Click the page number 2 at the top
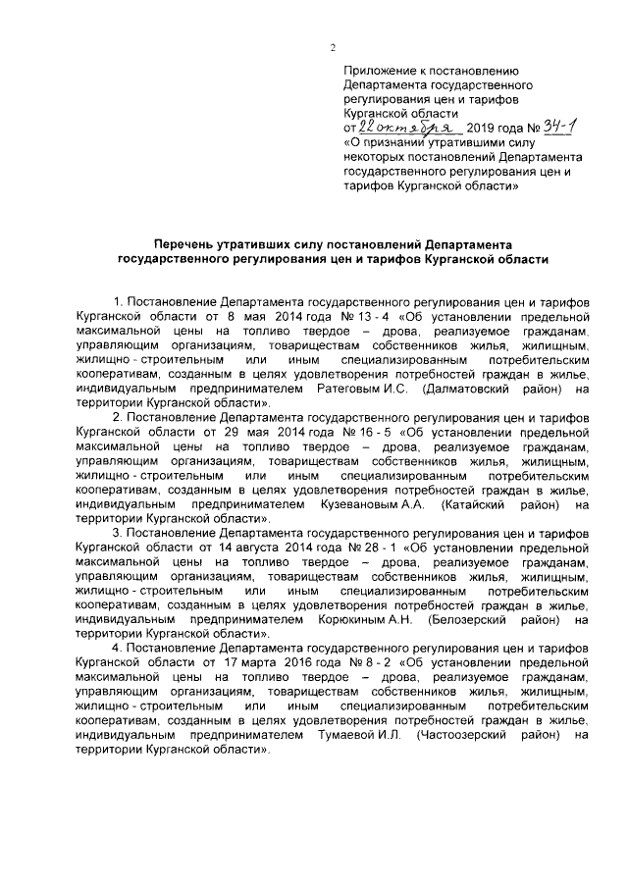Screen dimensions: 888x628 (x=333, y=49)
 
